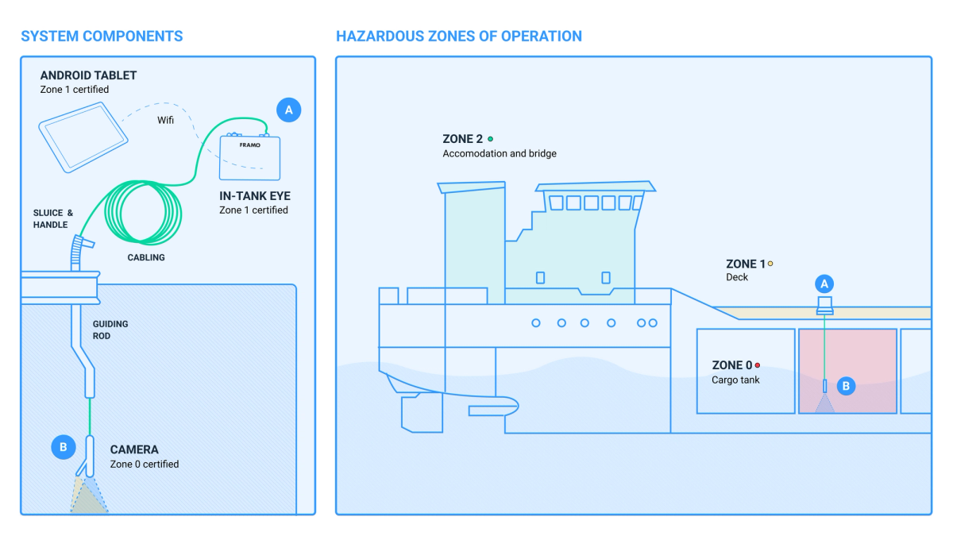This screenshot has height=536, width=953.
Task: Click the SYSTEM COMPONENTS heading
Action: (102, 37)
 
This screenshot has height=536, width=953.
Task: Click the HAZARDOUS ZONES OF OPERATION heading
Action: (459, 37)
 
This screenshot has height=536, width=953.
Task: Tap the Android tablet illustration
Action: (83, 140)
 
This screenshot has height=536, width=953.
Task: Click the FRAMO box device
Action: (249, 157)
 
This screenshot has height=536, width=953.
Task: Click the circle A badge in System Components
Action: (288, 110)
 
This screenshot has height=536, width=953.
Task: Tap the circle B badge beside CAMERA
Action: (63, 447)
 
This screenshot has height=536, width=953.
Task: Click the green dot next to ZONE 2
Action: (490, 139)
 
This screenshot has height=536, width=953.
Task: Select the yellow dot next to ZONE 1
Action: (770, 264)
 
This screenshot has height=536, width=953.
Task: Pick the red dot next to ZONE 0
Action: (758, 365)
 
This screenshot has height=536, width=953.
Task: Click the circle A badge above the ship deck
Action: (824, 283)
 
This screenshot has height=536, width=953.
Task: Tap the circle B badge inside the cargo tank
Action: (846, 386)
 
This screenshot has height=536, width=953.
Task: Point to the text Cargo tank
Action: (735, 380)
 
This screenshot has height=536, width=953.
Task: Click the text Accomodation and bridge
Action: (500, 153)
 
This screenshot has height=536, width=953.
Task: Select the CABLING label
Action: (146, 257)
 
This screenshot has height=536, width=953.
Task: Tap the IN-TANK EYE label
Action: (256, 195)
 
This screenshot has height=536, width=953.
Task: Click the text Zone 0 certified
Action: (145, 464)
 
